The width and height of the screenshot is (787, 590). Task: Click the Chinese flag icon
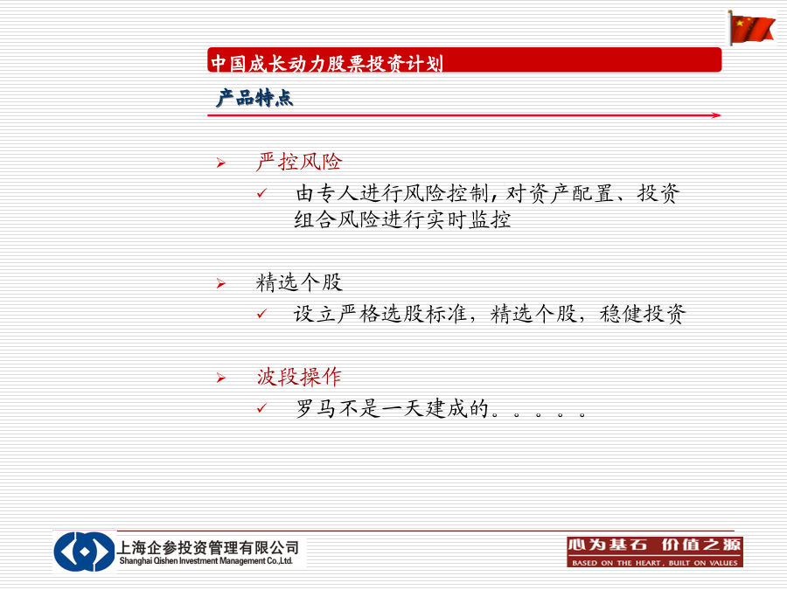click(751, 28)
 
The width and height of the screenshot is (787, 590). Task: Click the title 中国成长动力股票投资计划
click(327, 63)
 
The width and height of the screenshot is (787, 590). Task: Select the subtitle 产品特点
click(254, 98)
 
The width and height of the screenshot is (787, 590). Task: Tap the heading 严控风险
click(299, 162)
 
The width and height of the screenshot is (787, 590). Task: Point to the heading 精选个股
click(299, 282)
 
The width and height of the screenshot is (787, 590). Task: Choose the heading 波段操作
click(299, 377)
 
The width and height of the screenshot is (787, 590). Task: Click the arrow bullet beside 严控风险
click(221, 163)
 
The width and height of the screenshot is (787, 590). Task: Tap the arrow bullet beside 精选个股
click(221, 284)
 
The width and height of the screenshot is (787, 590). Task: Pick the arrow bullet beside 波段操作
click(221, 378)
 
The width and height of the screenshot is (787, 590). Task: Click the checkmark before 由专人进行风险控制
click(261, 193)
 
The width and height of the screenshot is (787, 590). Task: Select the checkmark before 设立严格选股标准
click(261, 314)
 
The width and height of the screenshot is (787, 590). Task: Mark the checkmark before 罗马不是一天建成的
click(261, 408)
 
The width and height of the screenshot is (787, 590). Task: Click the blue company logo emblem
click(84, 552)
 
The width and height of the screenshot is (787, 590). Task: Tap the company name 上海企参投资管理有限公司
click(208, 547)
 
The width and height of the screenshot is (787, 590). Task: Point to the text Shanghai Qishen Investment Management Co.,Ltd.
click(205, 561)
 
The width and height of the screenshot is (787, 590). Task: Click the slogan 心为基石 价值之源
click(654, 545)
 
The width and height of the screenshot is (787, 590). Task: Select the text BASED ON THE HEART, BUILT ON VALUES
click(655, 563)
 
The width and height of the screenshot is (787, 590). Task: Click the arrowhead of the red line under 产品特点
click(717, 115)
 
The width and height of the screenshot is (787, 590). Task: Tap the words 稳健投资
click(643, 314)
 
